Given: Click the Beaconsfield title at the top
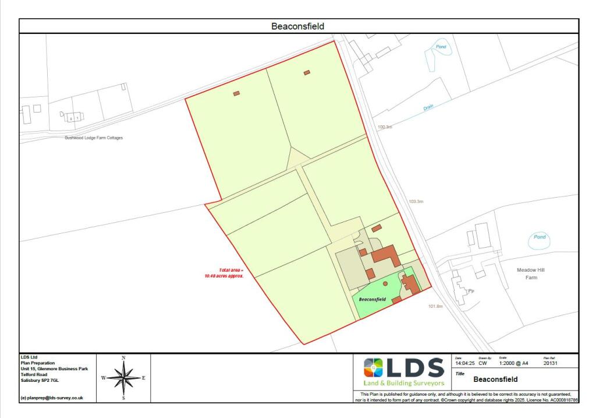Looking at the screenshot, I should [297, 26].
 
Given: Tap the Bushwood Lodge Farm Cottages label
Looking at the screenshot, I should [94, 138].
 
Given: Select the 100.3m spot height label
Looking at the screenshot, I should [385, 127].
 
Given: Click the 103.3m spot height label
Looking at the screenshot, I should [416, 202].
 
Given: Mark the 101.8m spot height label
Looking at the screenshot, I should [436, 306].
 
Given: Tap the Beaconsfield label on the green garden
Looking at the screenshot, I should [372, 299].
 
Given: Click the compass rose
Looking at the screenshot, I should [123, 377].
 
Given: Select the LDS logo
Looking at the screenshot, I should [404, 371].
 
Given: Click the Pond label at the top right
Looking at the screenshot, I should [442, 47].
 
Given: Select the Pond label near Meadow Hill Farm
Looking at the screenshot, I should [540, 237].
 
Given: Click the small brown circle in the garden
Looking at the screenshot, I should [385, 283].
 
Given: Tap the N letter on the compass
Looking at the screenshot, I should [123, 357].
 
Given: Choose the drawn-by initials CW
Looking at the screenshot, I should [483, 363].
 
